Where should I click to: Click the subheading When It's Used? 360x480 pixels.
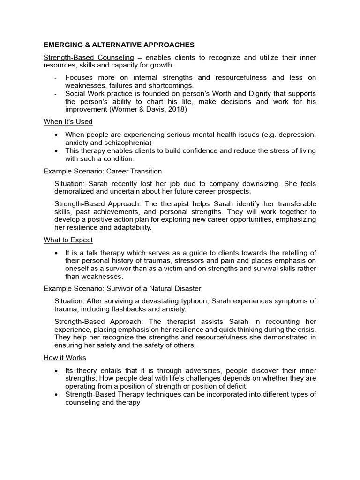(x=68, y=122)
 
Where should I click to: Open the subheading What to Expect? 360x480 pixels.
(x=68, y=240)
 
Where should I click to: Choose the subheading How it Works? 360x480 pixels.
(x=65, y=358)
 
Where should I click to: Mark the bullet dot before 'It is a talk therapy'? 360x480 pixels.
(x=56, y=253)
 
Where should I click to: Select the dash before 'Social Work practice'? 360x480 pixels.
(x=56, y=94)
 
